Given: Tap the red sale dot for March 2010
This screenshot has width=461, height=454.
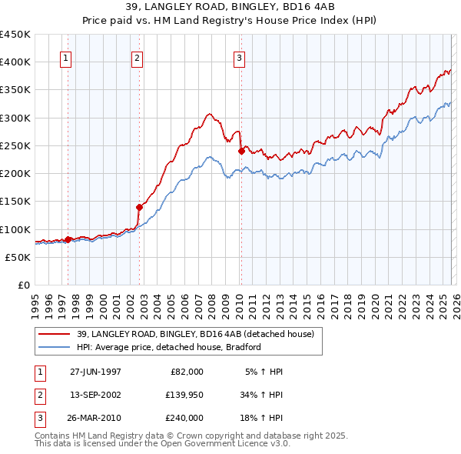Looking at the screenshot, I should point(241,152).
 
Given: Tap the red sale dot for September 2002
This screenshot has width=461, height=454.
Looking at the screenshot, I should point(140,207).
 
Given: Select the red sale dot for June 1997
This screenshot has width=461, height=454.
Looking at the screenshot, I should point(68,239).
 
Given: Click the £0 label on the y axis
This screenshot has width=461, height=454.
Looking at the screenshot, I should point(25,285).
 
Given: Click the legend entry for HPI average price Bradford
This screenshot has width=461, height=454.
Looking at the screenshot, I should point(169,347).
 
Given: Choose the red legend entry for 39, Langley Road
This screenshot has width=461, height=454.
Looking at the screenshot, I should point(195,335).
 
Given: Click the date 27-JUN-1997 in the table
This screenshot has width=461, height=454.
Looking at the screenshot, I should point(95,372).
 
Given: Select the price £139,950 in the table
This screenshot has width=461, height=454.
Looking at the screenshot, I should point(184,395).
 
